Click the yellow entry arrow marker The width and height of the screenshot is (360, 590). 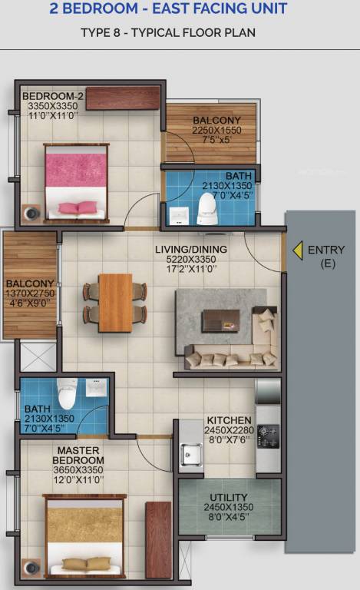296,250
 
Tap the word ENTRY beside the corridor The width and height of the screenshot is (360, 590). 326,250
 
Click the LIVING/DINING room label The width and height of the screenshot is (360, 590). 191,250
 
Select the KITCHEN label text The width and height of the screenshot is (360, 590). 228,420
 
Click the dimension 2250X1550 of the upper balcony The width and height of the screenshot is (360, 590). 216,131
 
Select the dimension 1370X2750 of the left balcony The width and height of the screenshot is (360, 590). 31,293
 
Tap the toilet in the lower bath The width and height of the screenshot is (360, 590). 66,392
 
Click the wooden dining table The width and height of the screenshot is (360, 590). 115,302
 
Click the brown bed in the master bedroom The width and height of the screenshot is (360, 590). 84,534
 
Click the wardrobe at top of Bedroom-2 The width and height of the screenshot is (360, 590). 123,98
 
